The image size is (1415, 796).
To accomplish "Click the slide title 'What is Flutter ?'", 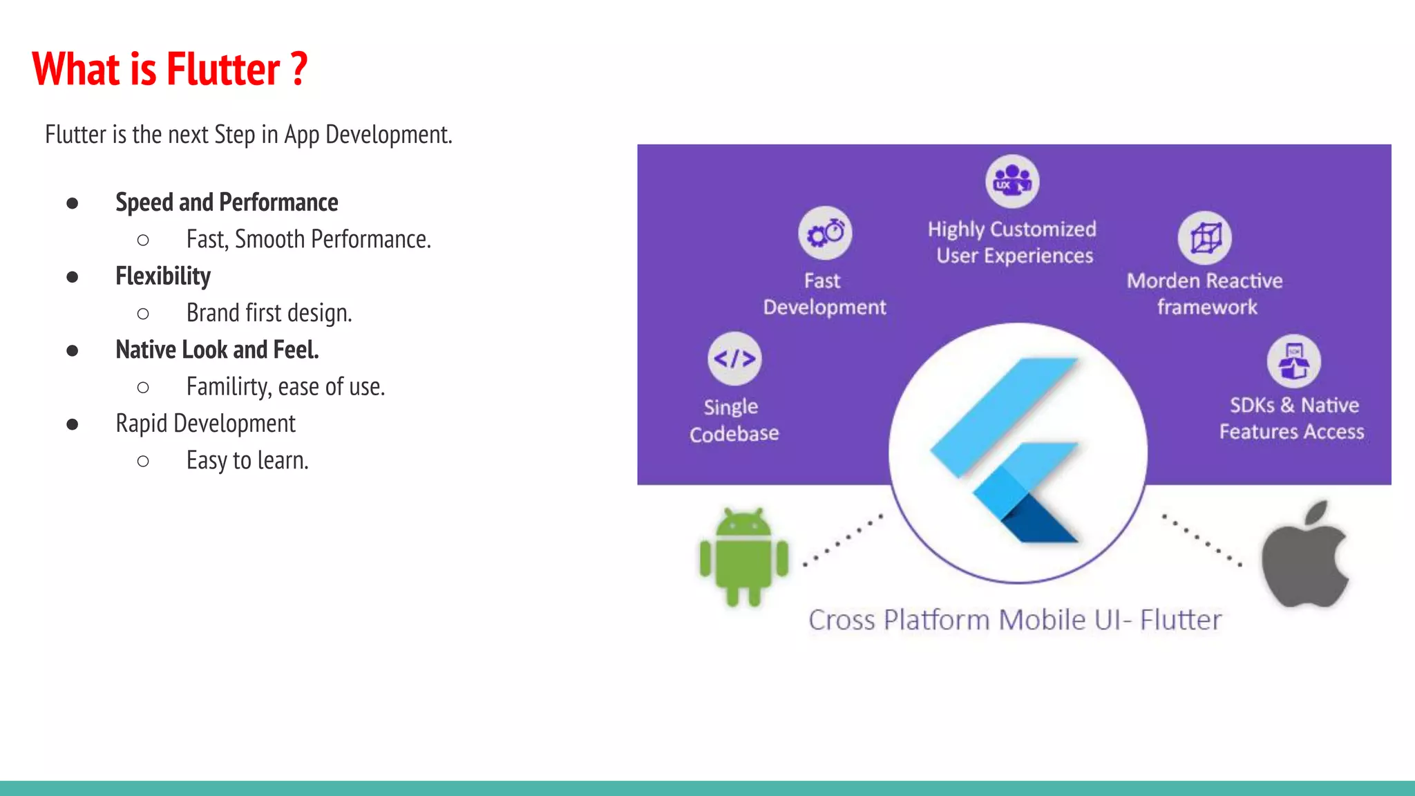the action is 169,69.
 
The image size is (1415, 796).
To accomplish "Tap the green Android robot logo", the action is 743,557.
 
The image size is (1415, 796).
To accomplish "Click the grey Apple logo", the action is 1305,557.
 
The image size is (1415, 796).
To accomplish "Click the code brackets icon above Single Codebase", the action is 734,359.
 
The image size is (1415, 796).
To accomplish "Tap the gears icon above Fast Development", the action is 825,233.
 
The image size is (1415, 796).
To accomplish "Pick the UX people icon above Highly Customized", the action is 1012,181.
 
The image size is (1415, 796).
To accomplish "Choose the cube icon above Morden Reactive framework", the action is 1205,238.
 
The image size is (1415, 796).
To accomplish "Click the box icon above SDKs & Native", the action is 1293,361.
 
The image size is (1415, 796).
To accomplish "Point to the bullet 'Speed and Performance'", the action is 227,202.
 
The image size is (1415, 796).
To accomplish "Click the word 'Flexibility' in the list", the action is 163,276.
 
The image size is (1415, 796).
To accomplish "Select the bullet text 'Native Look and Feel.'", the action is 217,350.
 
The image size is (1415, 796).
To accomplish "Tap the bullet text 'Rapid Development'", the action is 205,424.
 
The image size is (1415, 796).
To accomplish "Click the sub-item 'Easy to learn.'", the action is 247,460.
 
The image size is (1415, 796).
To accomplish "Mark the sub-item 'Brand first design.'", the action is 269,313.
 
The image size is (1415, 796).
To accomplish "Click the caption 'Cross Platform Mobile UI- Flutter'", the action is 1015,620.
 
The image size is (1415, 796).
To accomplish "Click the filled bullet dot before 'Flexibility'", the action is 73,277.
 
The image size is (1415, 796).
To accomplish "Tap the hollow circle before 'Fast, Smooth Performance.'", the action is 143,240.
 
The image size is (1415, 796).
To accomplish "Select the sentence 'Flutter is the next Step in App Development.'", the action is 249,135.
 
